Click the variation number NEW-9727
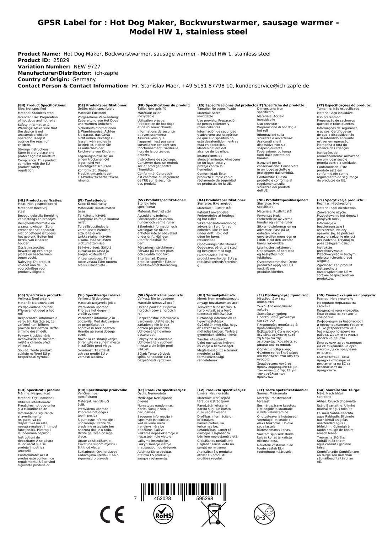click(87, 67)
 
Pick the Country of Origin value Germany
click(84, 80)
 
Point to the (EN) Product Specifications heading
click(42, 106)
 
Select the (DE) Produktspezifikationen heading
click(102, 106)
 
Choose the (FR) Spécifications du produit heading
click(163, 106)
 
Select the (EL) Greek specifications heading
click(283, 295)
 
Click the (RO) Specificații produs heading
click(39, 390)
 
